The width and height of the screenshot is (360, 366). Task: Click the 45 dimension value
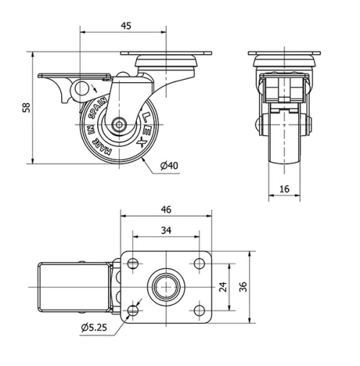tap(125, 27)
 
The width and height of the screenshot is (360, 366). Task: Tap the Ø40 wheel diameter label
tap(169, 166)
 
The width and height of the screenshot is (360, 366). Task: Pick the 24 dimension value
tap(223, 286)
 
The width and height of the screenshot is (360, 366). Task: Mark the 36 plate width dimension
tap(244, 286)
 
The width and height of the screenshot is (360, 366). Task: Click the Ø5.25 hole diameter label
tap(95, 328)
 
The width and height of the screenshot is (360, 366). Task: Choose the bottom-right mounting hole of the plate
tap(197, 309)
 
